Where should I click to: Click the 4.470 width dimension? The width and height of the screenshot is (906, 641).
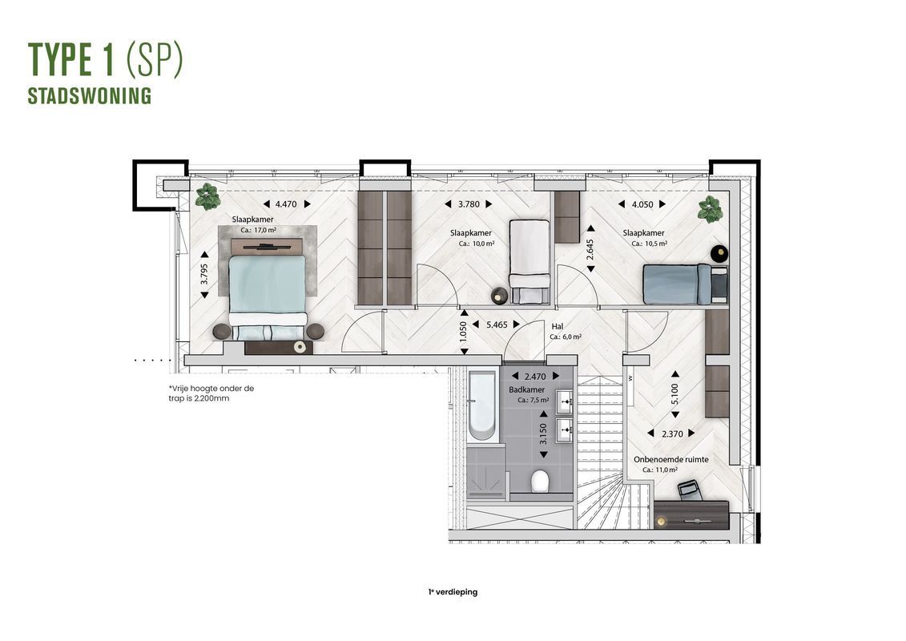tap(287, 204)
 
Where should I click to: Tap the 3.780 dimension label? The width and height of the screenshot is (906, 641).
tap(469, 204)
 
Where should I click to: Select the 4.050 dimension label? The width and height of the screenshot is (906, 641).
tap(642, 204)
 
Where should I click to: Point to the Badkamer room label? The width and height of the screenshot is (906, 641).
tap(526, 389)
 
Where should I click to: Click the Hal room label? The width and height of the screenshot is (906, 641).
tap(557, 327)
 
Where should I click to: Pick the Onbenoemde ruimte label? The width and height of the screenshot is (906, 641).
tap(670, 459)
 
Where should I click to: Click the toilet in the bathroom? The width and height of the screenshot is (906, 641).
tap(540, 481)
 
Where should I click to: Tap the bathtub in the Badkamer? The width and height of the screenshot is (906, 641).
tap(481, 405)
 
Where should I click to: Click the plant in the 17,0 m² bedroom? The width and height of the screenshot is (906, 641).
tap(207, 197)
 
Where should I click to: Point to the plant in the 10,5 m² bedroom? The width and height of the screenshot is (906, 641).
tap(710, 208)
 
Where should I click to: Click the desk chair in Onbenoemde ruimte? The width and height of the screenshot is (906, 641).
tap(690, 490)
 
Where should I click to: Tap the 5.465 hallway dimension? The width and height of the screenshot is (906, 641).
tap(497, 325)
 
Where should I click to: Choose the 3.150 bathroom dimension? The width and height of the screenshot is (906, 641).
tap(543, 434)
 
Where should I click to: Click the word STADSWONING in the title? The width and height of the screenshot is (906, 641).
tap(90, 96)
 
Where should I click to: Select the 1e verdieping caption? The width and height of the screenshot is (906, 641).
tap(453, 592)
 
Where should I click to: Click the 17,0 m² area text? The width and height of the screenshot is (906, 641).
tap(258, 230)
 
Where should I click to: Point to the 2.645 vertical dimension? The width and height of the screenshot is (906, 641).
tap(590, 256)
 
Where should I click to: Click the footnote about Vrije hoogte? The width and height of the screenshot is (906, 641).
tap(211, 393)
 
